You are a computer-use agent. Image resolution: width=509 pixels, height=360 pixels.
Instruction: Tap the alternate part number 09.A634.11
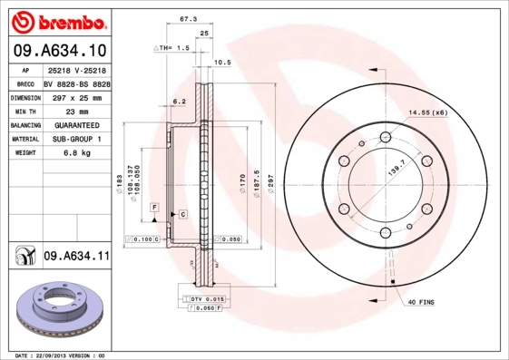pyautogui.click(x=76, y=257)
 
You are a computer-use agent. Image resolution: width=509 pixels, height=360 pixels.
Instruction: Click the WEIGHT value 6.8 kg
pyautogui.click(x=75, y=153)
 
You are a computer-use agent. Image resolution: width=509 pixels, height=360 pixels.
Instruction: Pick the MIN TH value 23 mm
pyautogui.click(x=75, y=110)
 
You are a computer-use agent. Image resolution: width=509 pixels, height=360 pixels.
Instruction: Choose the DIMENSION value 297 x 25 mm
pyautogui.click(x=76, y=95)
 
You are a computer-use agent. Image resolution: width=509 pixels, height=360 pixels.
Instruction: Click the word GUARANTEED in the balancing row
pyautogui.click(x=76, y=124)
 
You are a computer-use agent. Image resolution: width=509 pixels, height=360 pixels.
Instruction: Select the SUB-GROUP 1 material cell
pyautogui.click(x=76, y=139)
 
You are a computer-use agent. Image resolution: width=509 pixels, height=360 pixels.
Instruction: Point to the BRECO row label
pyautogui.click(x=26, y=82)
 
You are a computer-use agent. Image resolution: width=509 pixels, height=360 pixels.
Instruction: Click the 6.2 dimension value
pyautogui.click(x=179, y=102)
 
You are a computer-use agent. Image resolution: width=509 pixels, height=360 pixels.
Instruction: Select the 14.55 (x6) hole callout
pyautogui.click(x=428, y=112)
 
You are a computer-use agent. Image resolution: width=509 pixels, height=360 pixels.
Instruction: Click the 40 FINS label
pyautogui.click(x=423, y=301)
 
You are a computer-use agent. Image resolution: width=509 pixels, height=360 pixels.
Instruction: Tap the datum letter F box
pyautogui.click(x=155, y=209)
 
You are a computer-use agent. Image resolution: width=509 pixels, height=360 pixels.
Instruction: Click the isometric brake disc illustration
pyautogui.click(x=58, y=312)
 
